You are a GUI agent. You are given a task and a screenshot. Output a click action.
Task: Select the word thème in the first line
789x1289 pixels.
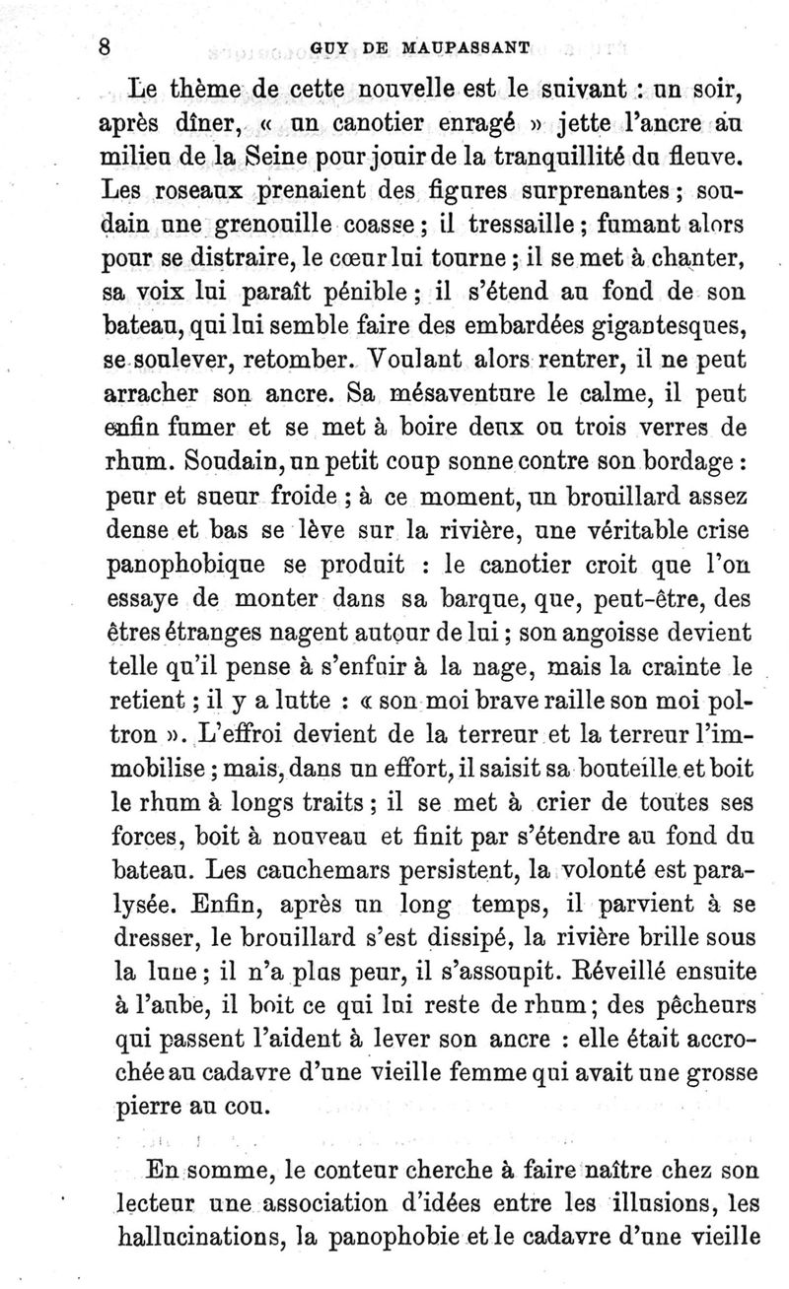(200, 95)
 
